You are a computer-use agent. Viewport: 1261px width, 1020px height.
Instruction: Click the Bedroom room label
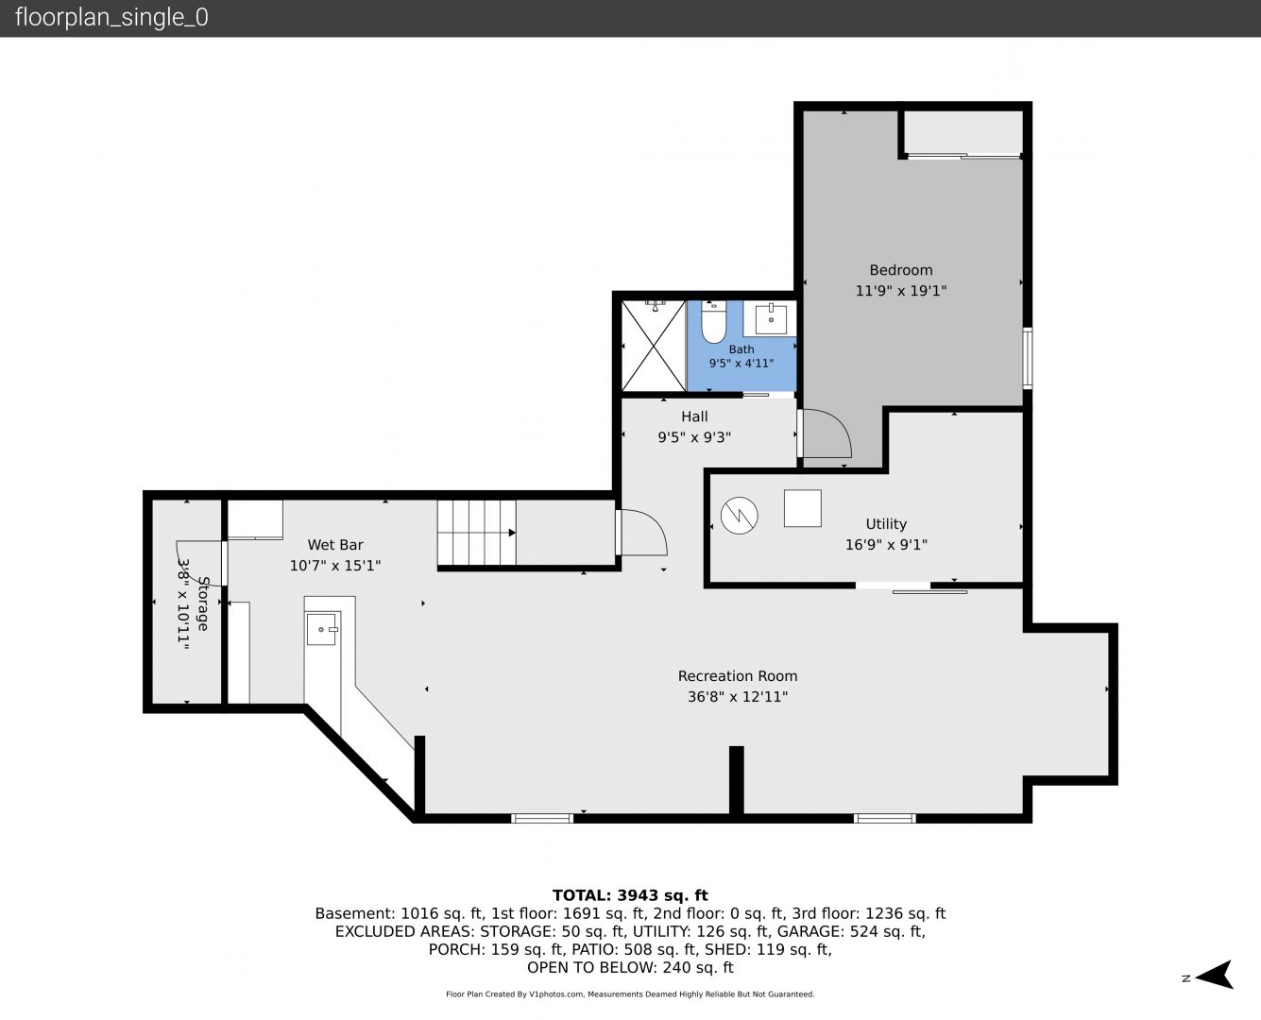tap(900, 270)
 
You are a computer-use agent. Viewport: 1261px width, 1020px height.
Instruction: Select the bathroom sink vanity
tap(770, 318)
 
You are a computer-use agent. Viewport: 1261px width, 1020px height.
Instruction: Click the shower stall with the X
tap(654, 346)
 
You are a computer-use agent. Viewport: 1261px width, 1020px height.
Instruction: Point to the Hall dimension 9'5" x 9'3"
tap(694, 437)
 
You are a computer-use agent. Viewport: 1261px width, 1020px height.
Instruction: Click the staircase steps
tap(477, 533)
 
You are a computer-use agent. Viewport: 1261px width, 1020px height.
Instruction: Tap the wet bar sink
tap(322, 629)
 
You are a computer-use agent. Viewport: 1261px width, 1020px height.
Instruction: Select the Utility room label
tap(886, 524)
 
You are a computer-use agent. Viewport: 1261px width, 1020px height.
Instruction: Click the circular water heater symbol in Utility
tap(740, 515)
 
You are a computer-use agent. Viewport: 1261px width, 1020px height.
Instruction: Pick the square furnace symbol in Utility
tap(803, 508)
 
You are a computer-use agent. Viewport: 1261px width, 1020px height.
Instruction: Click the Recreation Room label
tap(738, 676)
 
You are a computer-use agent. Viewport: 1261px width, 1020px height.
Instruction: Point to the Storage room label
tap(203, 603)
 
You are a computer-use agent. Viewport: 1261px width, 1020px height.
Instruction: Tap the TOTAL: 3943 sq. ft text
tap(630, 895)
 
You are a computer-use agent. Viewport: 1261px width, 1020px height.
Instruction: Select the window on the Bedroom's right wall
tap(1028, 358)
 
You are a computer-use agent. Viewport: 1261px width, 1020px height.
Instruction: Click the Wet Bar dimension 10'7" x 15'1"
tap(335, 566)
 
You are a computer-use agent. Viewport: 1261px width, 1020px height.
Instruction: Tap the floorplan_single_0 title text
tap(111, 18)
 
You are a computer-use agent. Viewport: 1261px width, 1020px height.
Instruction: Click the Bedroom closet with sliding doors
tap(963, 134)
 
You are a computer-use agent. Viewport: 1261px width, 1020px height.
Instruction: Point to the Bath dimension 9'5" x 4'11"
tap(741, 363)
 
